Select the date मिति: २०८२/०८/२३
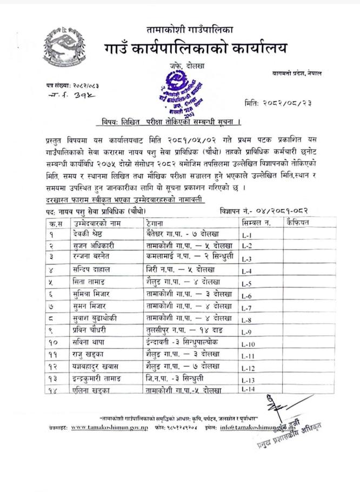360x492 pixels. tap(278, 103)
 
